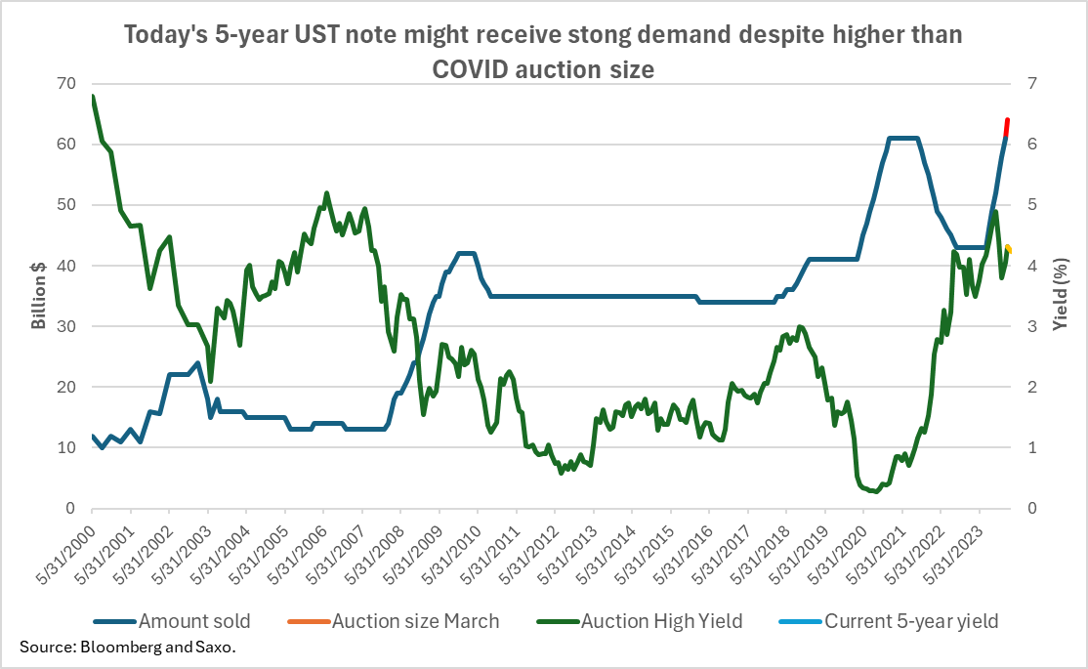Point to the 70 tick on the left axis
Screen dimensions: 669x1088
click(x=66, y=83)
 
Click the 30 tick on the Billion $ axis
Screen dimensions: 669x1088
click(x=66, y=326)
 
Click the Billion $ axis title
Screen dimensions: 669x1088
click(x=39, y=295)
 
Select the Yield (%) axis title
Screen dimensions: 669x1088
click(x=1061, y=295)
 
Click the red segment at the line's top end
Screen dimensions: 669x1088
click(x=1006, y=127)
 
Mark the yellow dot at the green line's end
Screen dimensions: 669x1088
click(x=1008, y=249)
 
